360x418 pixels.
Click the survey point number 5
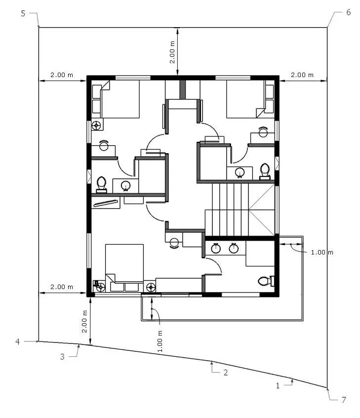pos(23,13)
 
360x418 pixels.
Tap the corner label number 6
pos(349,12)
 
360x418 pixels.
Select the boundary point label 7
pos(344,400)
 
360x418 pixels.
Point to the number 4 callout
pos(18,341)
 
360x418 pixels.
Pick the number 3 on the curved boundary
pos(62,357)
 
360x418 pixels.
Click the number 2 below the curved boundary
pos(226,373)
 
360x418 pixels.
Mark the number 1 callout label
pos(278,386)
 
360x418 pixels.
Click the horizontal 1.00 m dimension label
pos(322,252)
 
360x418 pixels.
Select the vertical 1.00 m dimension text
pos(160,341)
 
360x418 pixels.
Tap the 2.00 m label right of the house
pos(302,75)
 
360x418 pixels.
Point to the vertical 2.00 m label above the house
pos(172,52)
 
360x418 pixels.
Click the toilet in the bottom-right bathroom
pos(266,281)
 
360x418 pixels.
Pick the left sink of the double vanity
pos(216,248)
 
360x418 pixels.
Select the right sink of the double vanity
pos(234,248)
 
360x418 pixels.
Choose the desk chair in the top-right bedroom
pos(263,132)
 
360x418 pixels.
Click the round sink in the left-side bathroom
pos(125,185)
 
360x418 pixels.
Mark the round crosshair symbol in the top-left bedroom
pos(96,125)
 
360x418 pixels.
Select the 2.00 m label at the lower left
pos(62,287)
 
